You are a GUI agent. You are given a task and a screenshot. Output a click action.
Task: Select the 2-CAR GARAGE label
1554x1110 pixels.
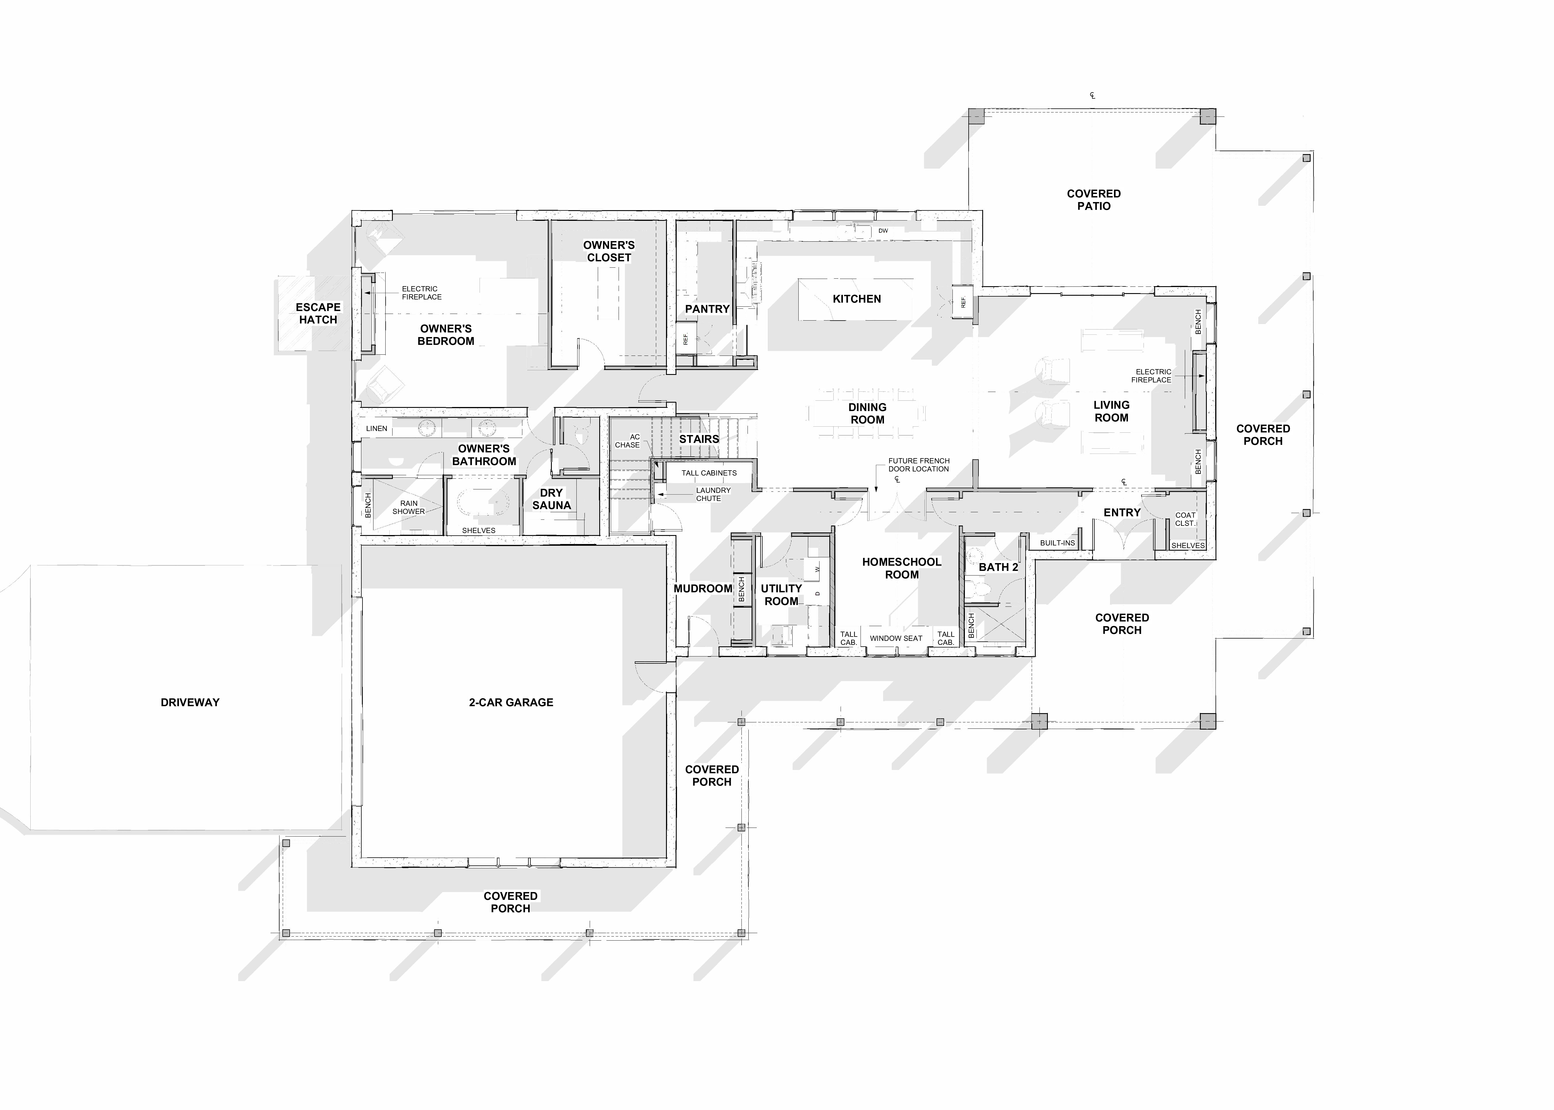tap(511, 702)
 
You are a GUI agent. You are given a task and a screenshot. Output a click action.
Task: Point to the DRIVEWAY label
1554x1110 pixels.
tap(190, 702)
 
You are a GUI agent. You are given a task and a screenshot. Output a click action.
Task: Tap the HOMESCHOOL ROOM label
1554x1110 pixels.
tap(901, 568)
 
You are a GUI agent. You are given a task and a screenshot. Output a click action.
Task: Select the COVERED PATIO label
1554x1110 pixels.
tap(1094, 199)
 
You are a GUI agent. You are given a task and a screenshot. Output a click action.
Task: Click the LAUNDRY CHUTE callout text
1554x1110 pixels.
tap(713, 494)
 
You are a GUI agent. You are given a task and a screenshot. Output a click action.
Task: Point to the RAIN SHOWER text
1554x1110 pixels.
tap(409, 507)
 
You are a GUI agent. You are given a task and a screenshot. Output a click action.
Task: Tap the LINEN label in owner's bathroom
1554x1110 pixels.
tap(377, 429)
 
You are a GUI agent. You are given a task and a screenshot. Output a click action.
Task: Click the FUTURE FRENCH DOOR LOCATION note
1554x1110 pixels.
tap(918, 465)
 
